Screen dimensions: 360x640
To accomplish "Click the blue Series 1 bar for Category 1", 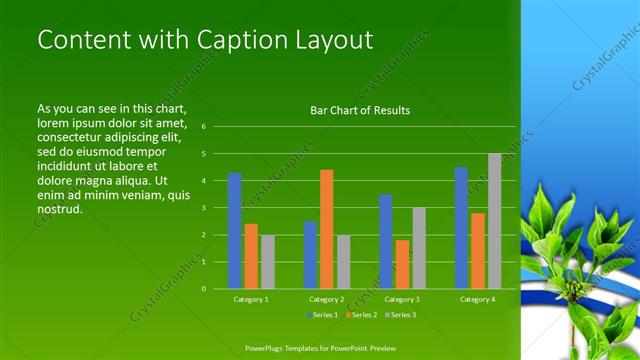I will pos(234,231).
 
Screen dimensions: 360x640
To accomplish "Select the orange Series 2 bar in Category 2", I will pos(326,229).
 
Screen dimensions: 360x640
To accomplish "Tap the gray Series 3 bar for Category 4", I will pos(494,221).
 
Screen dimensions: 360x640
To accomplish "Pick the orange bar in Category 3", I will pos(402,264).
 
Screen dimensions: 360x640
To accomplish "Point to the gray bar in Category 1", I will pos(267,262).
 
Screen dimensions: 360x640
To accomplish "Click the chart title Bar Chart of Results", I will pos(360,110).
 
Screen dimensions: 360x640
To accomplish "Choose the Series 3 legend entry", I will pos(399,316).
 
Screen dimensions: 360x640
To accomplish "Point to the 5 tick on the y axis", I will pos(203,154).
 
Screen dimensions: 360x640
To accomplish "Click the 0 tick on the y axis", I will pos(203,289).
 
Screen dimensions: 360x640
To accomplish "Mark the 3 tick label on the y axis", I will pos(203,208).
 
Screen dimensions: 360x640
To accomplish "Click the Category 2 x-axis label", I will pos(326,299).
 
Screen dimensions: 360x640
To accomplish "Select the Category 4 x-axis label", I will pos(477,299).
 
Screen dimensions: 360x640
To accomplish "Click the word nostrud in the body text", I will pos(59,210).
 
